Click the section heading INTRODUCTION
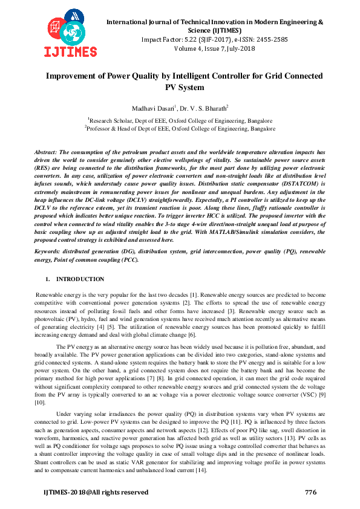tap(80, 279)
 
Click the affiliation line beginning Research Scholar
tap(180, 120)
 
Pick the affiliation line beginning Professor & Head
tap(180, 129)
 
